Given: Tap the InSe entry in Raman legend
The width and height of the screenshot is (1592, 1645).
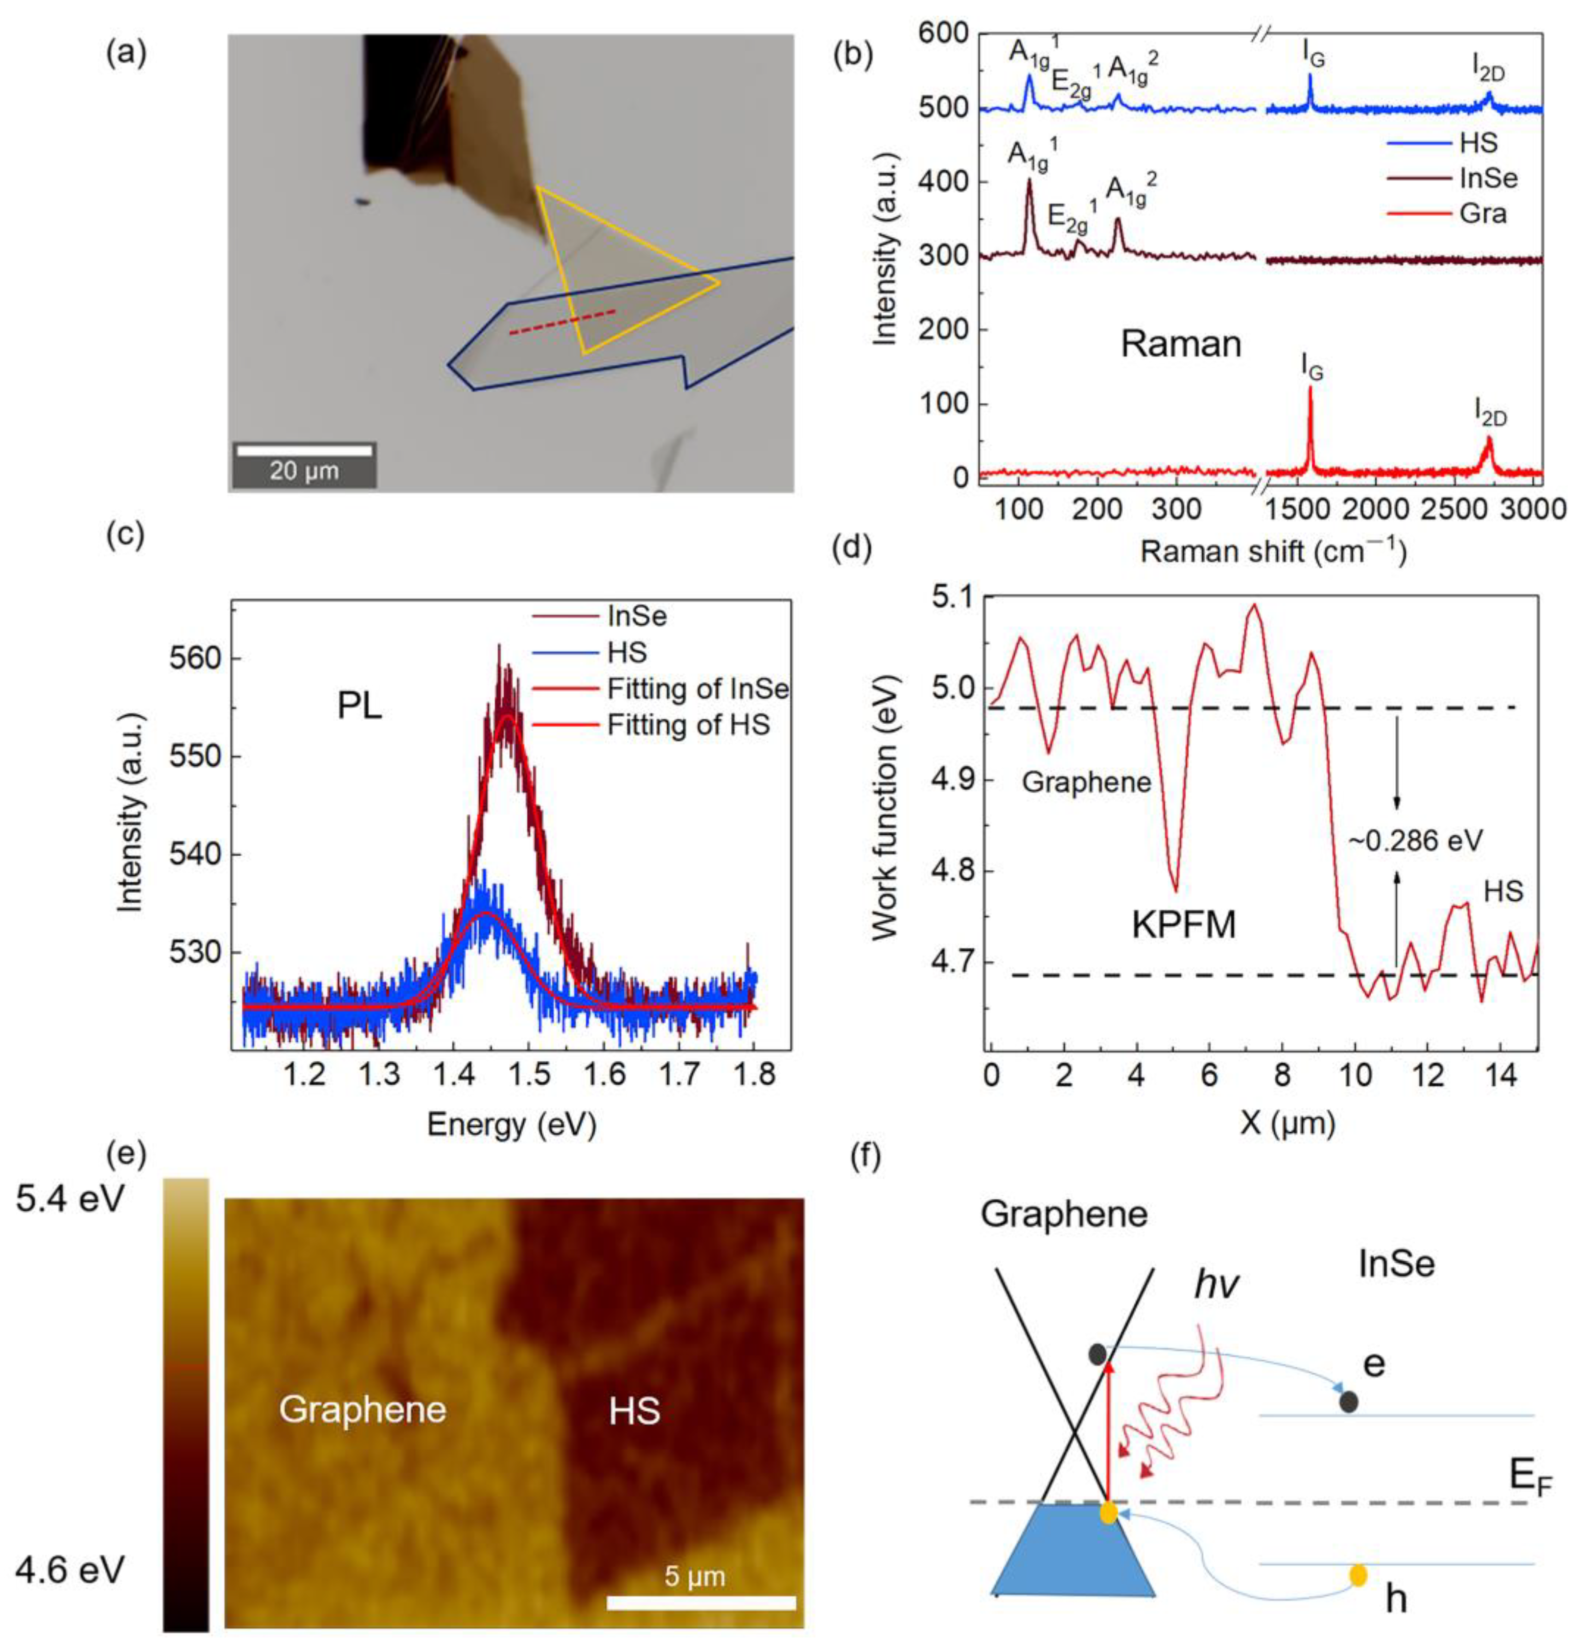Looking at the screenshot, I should (1488, 178).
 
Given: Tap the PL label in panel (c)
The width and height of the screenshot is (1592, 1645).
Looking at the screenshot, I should (359, 706).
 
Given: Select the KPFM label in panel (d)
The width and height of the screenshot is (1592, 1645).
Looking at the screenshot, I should (1184, 924).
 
